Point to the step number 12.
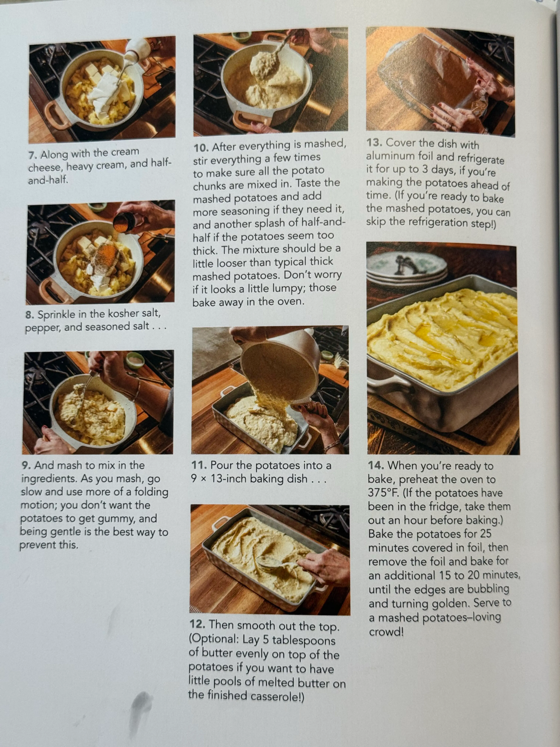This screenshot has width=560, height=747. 197,624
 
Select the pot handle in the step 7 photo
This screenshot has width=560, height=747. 54,115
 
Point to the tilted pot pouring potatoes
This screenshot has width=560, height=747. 280,368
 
